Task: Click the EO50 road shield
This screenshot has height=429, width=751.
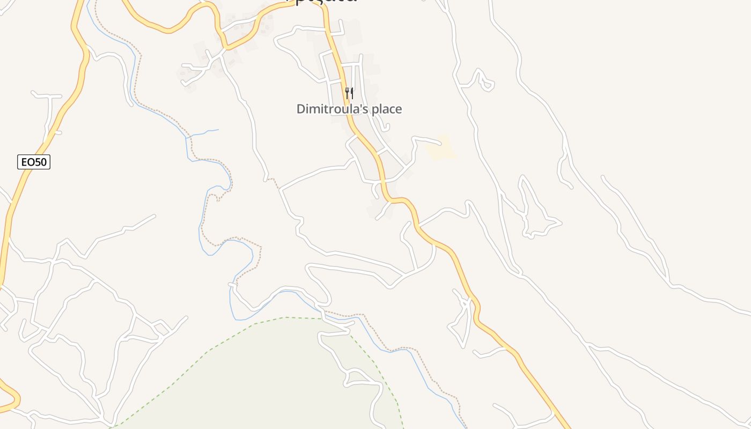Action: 34,161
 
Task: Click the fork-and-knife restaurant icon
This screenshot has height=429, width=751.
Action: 349,93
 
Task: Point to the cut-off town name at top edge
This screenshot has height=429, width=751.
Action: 322,2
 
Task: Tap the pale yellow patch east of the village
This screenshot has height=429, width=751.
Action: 441,149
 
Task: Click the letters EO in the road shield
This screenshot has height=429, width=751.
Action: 27,161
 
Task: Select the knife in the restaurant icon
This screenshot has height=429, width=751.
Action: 352,93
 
